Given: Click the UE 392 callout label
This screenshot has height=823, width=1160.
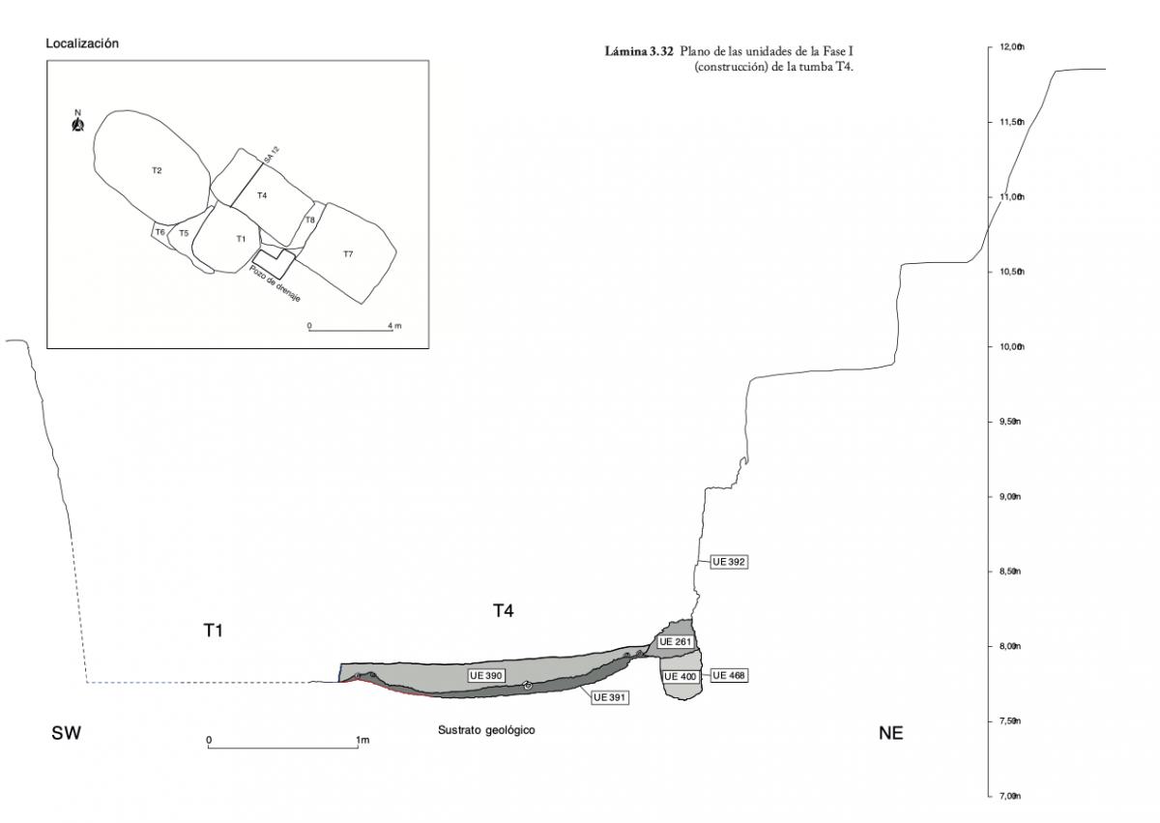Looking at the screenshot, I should [730, 561].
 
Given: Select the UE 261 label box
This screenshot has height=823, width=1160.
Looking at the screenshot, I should [677, 642].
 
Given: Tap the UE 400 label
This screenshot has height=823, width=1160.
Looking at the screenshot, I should [681, 676].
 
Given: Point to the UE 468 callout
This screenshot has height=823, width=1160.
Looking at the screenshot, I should [730, 676].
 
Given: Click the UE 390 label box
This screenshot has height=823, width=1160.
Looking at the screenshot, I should [488, 675].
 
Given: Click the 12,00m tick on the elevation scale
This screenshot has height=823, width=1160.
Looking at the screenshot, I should [1011, 47].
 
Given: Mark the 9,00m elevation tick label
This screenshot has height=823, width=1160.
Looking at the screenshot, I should [1011, 497].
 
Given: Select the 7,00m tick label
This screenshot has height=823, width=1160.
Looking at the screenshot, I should [1011, 797].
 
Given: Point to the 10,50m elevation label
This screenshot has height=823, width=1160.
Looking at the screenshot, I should [1011, 272].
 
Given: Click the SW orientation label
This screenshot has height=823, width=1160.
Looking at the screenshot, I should [66, 734].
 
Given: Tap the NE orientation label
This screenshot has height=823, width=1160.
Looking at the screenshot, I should [890, 734].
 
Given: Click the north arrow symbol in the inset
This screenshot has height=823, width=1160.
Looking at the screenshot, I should [77, 123].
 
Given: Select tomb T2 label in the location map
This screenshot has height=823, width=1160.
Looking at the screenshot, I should [157, 171].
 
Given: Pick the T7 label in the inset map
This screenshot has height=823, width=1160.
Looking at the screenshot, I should [348, 253].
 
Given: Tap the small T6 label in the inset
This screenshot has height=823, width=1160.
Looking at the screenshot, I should [159, 232].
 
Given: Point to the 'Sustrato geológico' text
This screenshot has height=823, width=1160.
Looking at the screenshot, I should [486, 730].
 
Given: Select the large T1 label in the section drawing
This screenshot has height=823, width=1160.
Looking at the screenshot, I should [214, 631].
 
